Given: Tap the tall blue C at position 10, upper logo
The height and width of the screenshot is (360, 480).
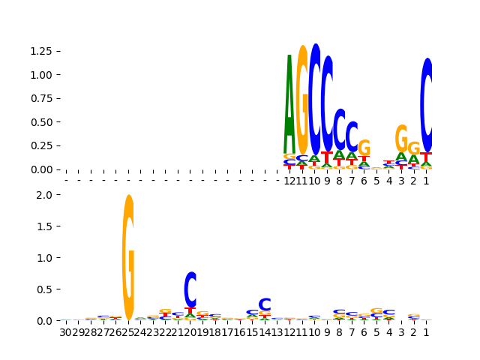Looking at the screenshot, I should [315, 97].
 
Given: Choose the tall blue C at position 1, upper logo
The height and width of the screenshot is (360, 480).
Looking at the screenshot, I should [427, 105].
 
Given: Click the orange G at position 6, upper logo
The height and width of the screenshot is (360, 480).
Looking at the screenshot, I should [364, 148].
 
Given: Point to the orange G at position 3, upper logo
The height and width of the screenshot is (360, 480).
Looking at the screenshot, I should [402, 138].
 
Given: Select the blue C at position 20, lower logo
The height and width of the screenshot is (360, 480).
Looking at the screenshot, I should [190, 289].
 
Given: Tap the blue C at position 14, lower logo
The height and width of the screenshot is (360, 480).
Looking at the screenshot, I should [265, 304].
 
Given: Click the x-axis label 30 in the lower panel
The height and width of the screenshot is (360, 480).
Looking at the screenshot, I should [66, 332].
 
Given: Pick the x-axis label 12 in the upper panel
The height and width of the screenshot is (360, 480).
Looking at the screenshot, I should [289, 181].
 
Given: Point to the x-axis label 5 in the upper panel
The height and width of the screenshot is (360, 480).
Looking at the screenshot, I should [376, 181].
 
